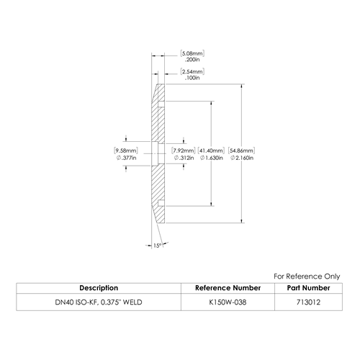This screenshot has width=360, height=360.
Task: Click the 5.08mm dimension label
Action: coord(192,53)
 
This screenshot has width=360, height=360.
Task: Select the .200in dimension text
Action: coord(192,60)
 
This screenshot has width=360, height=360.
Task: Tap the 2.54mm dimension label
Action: coord(192,71)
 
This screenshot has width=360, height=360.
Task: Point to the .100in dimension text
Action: coord(192,78)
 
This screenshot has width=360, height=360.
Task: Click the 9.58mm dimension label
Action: coord(126,150)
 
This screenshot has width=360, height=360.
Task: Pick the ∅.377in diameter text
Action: coord(126,158)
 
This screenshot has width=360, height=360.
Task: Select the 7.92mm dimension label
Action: coord(184,150)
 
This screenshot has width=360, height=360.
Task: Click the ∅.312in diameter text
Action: coord(184,158)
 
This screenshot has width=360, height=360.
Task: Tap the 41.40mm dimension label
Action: coord(211,150)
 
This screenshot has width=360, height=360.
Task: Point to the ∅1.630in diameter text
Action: coord(212,158)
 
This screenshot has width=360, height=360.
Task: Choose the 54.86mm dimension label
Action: coord(241,150)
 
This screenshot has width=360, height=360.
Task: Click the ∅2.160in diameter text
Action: coord(242,158)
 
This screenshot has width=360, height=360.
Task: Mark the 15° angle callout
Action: coord(157,246)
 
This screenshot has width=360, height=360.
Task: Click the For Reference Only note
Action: coord(307,276)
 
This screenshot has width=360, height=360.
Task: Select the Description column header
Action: coord(99,288)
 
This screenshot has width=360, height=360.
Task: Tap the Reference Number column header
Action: coord(228,288)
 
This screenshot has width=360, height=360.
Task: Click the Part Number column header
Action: coord(308,288)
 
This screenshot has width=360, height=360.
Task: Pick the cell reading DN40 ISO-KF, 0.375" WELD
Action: coord(99,302)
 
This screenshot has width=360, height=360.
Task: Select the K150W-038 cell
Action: coord(228,302)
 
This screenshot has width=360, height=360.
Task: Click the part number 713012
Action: coord(308,302)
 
